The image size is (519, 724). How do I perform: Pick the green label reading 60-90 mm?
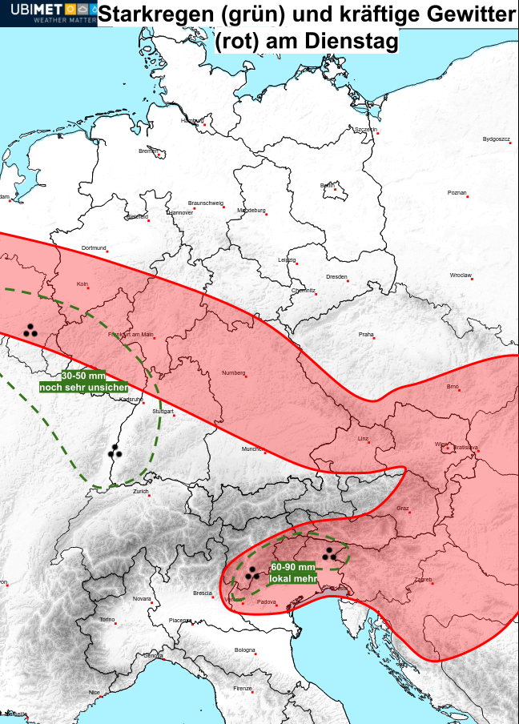coord(292,567)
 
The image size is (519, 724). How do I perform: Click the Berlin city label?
coord(328,186)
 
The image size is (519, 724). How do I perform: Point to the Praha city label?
coord(366,334)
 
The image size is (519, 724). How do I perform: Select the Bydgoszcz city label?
coord(497,139)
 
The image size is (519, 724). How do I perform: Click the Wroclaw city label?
coord(461,276)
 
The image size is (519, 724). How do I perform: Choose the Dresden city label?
coord(336,277)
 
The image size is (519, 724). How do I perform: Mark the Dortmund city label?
coord(94,248)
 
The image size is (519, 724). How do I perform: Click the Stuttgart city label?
coord(163,411)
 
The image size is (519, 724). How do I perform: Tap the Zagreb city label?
coord(424,580)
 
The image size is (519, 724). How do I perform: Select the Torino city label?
coord(107,620)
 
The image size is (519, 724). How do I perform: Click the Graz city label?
coord(403,509)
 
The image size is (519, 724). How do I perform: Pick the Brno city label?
coord(453,387)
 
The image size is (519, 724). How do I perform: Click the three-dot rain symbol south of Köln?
coord(30,329)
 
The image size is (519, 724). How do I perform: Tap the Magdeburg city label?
coord(251,211)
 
